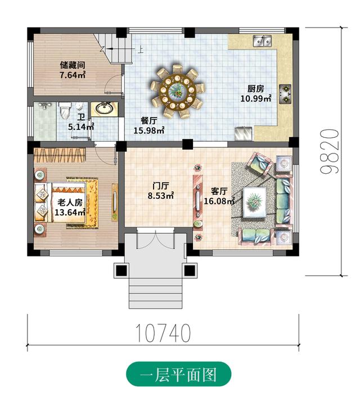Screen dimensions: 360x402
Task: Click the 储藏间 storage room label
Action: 73,65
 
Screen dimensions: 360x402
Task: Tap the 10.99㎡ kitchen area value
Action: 256,98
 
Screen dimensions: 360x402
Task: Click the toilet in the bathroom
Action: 64,110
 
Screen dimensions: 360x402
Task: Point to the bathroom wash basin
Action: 105,109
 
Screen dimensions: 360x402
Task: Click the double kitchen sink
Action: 262,40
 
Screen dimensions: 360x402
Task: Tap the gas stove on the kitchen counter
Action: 285,94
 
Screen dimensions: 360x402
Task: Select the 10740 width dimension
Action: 163,333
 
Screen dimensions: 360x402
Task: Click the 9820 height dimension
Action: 330,151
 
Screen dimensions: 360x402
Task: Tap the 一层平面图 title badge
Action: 178,374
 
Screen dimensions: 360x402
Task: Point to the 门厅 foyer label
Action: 161,186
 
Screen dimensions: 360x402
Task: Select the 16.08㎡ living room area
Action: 219,201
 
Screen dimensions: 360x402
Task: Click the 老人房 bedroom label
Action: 70,202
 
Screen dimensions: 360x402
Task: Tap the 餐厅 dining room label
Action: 149,121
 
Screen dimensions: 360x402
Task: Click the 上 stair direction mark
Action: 140,49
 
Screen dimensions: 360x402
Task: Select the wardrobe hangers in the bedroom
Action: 59,155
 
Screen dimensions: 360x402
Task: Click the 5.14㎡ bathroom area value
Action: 81,127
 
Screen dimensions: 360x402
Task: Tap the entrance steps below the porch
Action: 156,293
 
